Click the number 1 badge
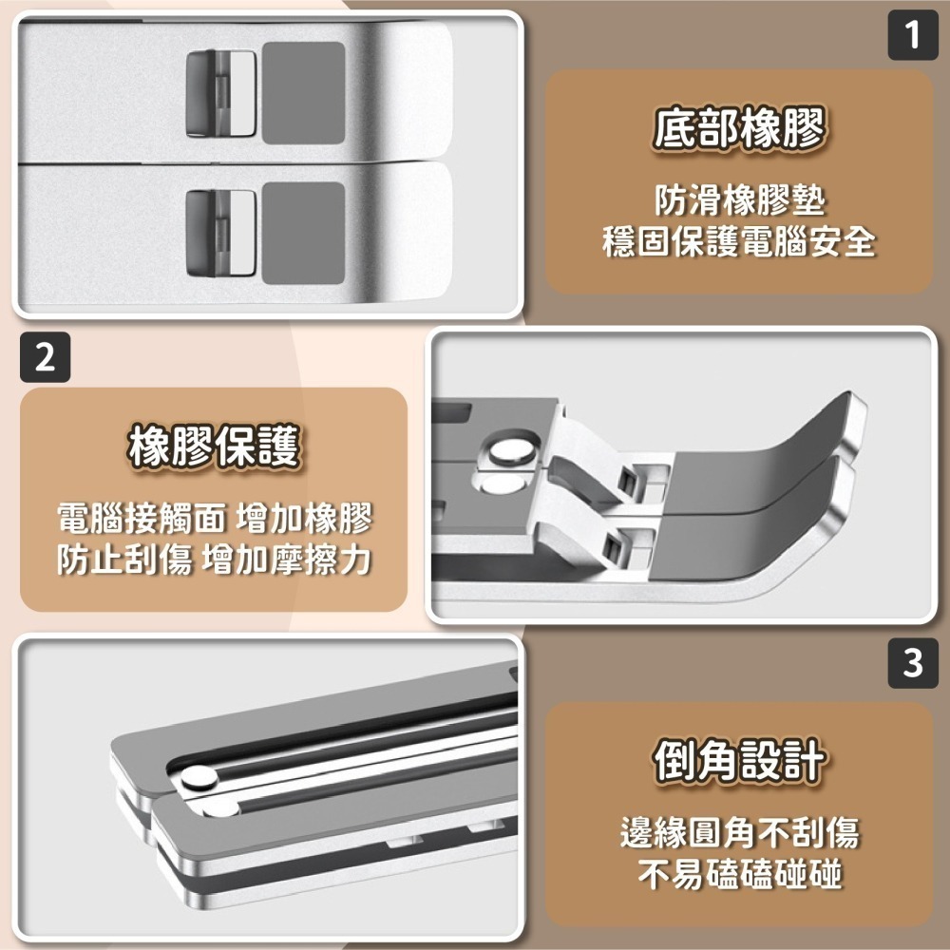coord(913,36)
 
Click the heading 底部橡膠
coord(739,129)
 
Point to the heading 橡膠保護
coord(214,446)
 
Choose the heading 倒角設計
coord(739,761)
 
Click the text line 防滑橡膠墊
coord(739,200)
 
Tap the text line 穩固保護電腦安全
coord(739,241)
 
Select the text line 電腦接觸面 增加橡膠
coord(214,519)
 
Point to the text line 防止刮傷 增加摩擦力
coord(214,560)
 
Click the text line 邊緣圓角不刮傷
coord(739,833)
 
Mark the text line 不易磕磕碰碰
coord(739,874)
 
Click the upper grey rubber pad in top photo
coord(302,93)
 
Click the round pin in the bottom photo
coord(199,780)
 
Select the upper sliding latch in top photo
coord(220,93)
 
